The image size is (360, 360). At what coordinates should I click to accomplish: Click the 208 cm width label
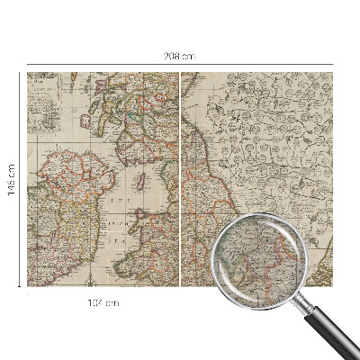(x=180, y=57)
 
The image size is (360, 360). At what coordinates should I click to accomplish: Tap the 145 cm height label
(x=12, y=181)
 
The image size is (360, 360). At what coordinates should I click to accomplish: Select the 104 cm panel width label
(x=105, y=302)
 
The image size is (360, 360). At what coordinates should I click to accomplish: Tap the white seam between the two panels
(x=180, y=180)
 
